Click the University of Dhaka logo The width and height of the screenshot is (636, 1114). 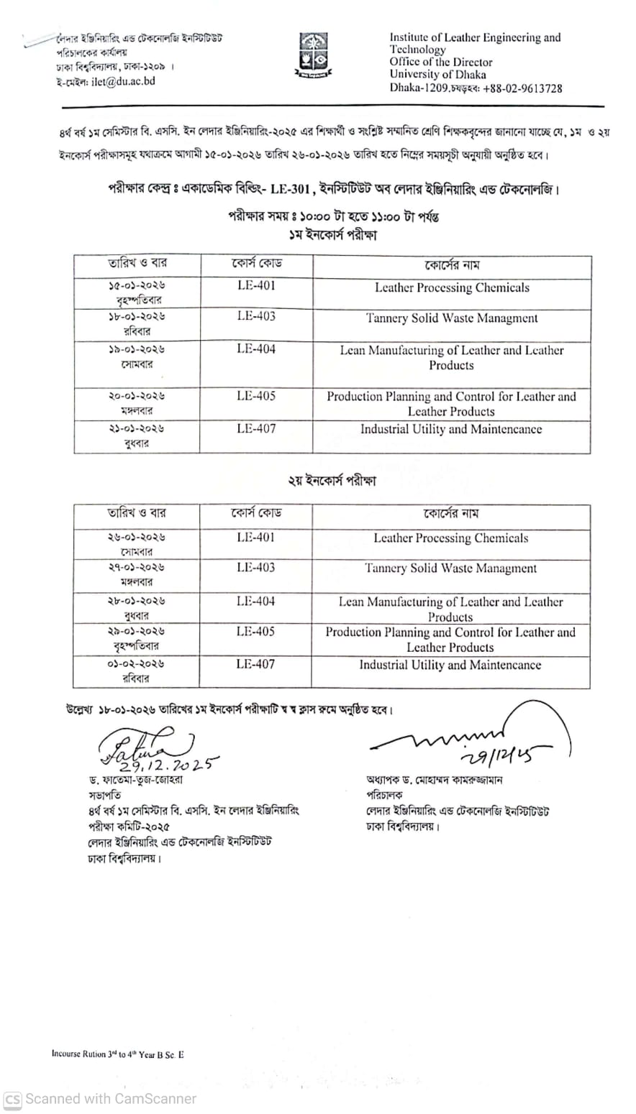click(x=312, y=55)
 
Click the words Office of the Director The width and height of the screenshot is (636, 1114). click(x=441, y=62)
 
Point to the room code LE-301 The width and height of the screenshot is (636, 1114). click(x=290, y=189)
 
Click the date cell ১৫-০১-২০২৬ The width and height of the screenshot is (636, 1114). click(x=137, y=285)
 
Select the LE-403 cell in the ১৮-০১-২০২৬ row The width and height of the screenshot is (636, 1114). click(x=256, y=316)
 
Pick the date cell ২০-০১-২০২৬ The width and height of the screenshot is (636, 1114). click(x=137, y=396)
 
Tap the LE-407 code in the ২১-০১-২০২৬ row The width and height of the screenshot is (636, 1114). click(x=256, y=428)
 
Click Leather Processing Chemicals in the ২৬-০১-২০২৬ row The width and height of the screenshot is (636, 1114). click(x=450, y=538)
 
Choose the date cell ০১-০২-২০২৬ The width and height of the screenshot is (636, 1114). click(x=136, y=664)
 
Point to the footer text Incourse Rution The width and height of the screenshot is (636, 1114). click(x=78, y=1054)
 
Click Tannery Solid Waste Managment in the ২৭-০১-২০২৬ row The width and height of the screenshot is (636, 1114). click(x=450, y=568)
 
